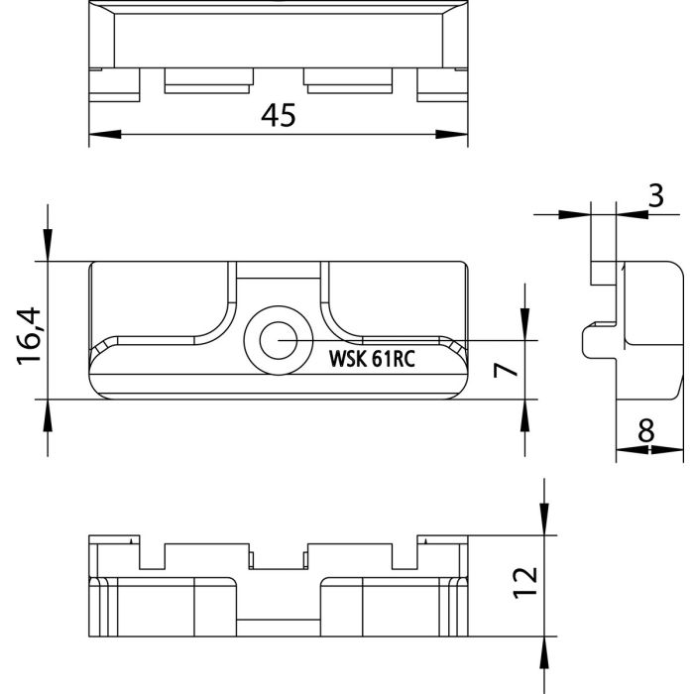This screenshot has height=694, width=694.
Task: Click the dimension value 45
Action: tap(279, 116)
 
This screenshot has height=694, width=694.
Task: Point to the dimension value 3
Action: tap(655, 194)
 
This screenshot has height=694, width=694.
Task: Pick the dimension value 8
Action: tap(646, 430)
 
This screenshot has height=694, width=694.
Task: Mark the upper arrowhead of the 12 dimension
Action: tap(544, 520)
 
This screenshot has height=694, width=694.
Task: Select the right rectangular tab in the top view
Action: tap(348, 80)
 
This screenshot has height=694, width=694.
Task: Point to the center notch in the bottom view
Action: tap(278, 559)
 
